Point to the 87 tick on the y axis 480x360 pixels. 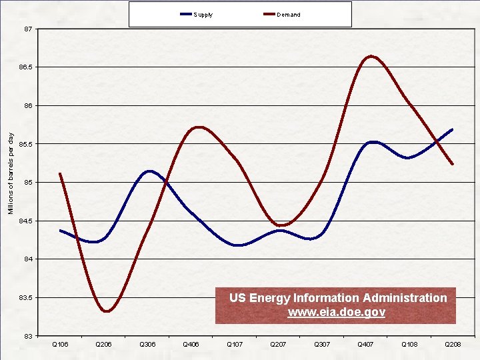point(27,29)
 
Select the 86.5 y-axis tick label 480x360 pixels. point(25,68)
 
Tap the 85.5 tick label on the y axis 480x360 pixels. point(25,144)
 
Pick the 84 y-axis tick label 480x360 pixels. point(27,259)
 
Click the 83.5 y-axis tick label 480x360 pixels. point(25,297)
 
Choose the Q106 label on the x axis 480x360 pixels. point(60,344)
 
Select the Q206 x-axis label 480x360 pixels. point(104,344)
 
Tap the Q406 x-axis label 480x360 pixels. point(191,344)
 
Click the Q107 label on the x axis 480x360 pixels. point(235,344)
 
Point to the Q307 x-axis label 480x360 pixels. point(322,344)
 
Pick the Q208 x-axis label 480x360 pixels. point(453,344)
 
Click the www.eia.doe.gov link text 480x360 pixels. point(336,312)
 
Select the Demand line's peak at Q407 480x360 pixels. point(371,56)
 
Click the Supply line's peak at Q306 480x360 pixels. point(149,171)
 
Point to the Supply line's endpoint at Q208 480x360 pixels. point(453,129)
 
